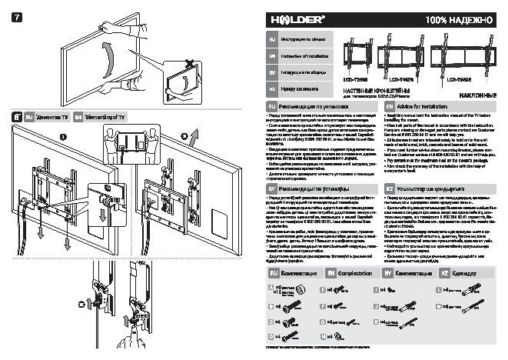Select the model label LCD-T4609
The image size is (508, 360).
400,78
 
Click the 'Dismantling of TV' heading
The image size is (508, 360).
98,116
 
